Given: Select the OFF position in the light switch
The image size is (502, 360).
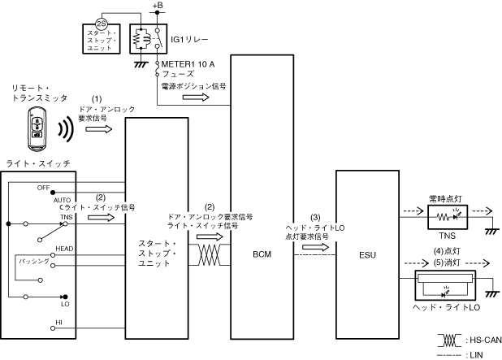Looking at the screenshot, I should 44,187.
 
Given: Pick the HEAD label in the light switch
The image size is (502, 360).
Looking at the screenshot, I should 65,248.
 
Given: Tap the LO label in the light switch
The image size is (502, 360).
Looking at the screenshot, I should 65,304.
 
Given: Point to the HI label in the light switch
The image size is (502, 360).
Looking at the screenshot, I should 58,323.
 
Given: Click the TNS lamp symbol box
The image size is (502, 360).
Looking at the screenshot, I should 449,218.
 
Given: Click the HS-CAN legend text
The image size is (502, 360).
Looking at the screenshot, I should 478,339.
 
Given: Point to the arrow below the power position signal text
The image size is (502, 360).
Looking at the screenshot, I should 195,97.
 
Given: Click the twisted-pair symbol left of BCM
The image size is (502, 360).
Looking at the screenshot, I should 209,254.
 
